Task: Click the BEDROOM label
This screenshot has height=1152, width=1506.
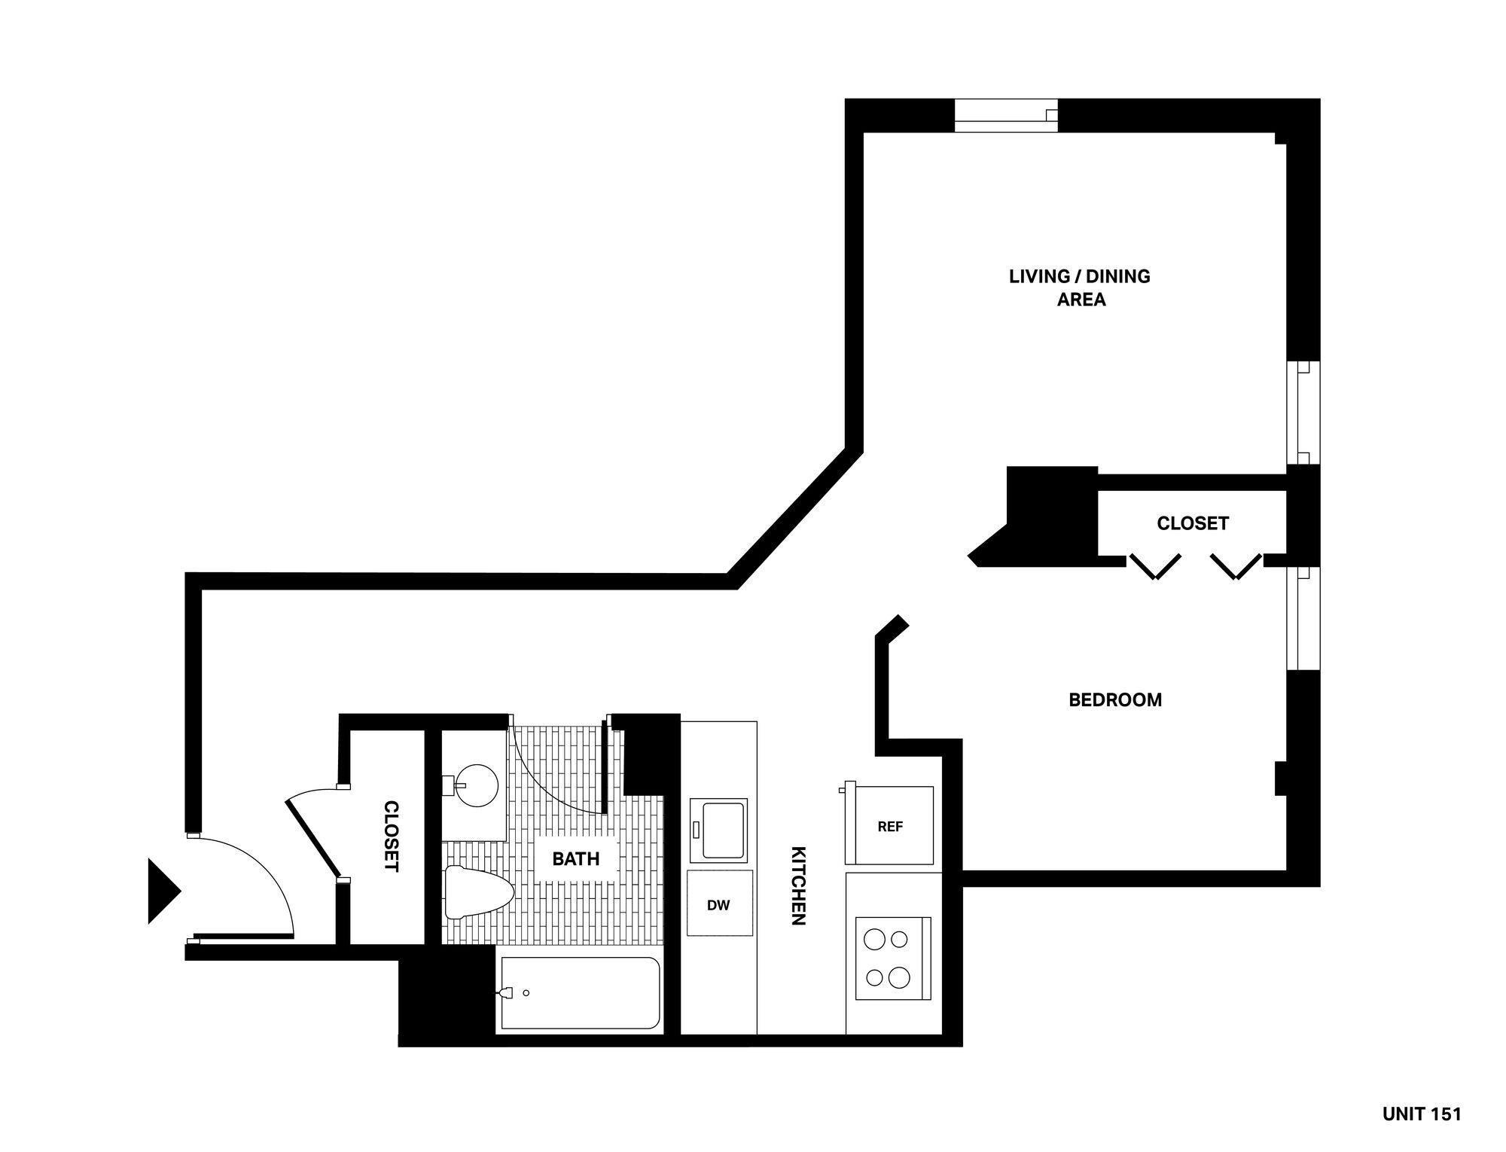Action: pos(1115,700)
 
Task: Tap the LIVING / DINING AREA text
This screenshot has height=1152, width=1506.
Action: pos(1080,288)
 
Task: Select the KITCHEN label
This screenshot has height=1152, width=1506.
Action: pos(798,885)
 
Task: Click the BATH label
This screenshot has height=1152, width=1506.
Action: pos(576,858)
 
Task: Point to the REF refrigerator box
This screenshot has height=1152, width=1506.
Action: pos(890,826)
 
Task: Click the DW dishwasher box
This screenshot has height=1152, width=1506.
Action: pos(719,905)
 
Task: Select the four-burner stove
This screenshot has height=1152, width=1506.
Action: pos(893,957)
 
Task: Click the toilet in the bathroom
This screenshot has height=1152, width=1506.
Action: pos(477,892)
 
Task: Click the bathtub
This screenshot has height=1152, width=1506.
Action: pos(580,993)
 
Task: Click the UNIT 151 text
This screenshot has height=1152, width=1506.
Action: pos(1421,1114)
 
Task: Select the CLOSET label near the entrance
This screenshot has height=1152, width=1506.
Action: pos(391,837)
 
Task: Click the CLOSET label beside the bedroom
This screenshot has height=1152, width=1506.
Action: pos(1192,523)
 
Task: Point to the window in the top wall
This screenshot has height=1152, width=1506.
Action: pos(1006,115)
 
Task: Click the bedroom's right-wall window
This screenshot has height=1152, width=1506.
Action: pos(1302,618)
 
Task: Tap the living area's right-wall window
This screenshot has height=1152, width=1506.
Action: pos(1303,413)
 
